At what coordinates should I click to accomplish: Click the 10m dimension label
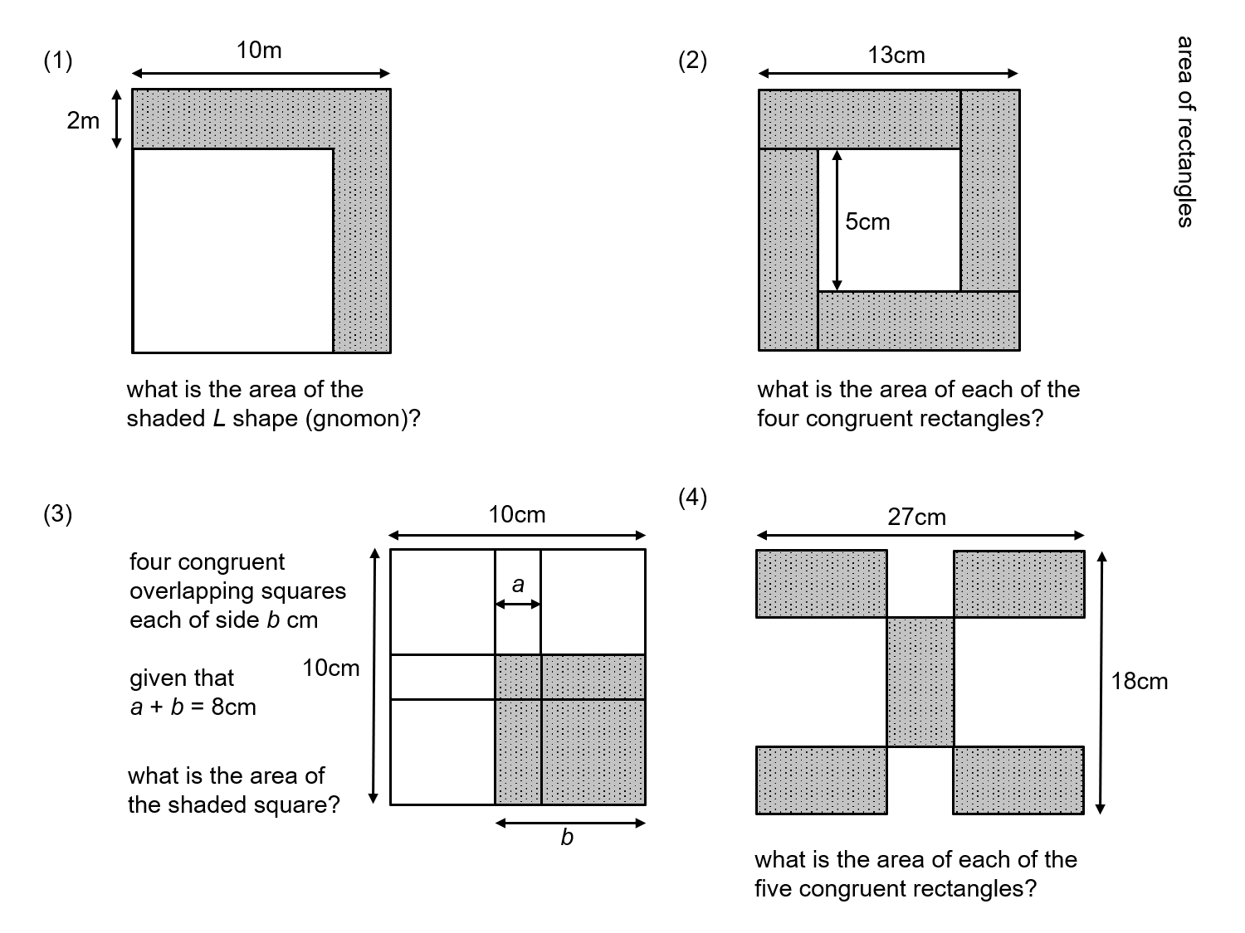259,51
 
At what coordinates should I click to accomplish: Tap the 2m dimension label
83,121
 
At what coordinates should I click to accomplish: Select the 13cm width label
896,56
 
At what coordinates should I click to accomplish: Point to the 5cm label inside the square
867,221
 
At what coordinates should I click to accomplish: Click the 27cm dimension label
916,517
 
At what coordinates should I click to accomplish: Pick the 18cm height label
1139,681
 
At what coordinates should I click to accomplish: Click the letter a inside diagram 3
518,586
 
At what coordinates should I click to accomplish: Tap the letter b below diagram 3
567,838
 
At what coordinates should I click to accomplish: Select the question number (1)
58,61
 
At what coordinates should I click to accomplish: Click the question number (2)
693,61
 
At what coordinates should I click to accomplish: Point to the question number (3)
58,514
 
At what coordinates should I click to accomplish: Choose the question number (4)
693,498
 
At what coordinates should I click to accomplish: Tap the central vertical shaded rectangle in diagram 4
920,682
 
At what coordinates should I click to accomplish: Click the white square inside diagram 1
232,250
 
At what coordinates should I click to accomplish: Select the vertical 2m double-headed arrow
116,119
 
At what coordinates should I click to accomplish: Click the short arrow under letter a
518,605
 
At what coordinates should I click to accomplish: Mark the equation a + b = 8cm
193,707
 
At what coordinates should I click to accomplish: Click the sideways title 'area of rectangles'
1185,131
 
